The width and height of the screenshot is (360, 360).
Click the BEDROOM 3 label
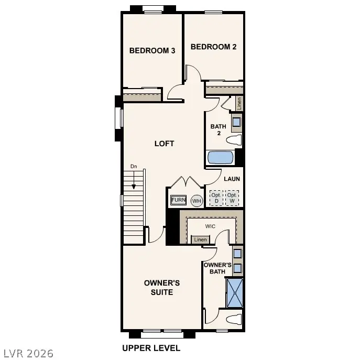click(152, 50)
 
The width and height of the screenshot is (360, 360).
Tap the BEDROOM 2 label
click(213, 47)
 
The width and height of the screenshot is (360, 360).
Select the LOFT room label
click(164, 143)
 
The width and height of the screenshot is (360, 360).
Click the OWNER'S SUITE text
click(162, 287)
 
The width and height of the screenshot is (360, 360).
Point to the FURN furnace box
click(179, 200)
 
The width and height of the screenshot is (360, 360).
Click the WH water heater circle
click(197, 201)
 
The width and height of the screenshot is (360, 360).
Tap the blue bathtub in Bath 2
click(221, 157)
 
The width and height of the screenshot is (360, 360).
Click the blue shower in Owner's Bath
click(235, 292)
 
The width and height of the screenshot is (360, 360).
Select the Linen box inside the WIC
click(200, 239)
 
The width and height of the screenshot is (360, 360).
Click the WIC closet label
click(210, 227)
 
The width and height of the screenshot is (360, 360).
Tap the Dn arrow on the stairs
click(134, 178)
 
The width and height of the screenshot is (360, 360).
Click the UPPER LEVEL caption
click(151, 348)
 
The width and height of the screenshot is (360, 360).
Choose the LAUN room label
click(232, 179)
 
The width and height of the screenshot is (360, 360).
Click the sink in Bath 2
click(237, 122)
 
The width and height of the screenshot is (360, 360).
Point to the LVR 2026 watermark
click(27, 353)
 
